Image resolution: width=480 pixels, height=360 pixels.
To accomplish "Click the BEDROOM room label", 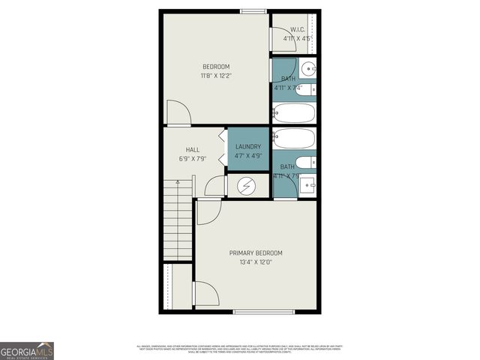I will pyautogui.click(x=216, y=66).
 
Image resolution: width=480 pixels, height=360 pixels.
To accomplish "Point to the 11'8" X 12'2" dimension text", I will pyautogui.click(x=216, y=75).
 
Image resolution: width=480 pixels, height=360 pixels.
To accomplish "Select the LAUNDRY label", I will pyautogui.click(x=248, y=146).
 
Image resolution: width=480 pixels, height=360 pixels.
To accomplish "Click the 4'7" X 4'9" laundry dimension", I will pyautogui.click(x=248, y=155).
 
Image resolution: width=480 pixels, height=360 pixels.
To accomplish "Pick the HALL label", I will pyautogui.click(x=193, y=149).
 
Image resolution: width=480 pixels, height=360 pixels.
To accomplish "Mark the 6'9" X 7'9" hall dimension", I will pyautogui.click(x=193, y=158).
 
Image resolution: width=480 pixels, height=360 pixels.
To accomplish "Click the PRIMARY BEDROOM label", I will pyautogui.click(x=256, y=253).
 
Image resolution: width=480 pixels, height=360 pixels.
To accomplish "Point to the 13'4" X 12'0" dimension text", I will pyautogui.click(x=256, y=262).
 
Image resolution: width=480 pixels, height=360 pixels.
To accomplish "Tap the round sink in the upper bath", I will pyautogui.click(x=308, y=70).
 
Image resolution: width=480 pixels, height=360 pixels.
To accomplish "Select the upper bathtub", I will pyautogui.click(x=294, y=113).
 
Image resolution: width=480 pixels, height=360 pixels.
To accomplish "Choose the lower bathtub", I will pyautogui.click(x=294, y=139).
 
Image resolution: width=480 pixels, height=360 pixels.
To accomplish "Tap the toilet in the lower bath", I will pyautogui.click(x=307, y=162).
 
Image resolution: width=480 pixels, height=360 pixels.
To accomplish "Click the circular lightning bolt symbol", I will pyautogui.click(x=247, y=185).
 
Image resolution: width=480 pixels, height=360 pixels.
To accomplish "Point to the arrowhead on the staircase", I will pyautogui.click(x=178, y=181).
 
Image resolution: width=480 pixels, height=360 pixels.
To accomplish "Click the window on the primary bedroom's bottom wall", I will pyautogui.click(x=258, y=311).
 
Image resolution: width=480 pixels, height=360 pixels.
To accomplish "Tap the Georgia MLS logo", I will pyautogui.click(x=27, y=350).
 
